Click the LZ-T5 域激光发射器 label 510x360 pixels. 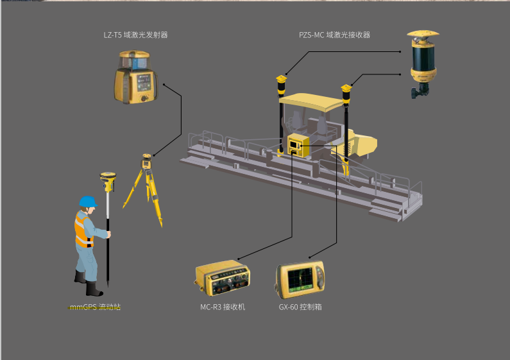click(135, 35)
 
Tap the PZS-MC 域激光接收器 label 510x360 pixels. click(334, 35)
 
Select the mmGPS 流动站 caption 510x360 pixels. click(95, 307)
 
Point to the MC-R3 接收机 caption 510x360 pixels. click(223, 307)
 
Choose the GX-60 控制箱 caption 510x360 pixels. click(300, 307)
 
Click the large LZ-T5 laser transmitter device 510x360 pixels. click(136, 77)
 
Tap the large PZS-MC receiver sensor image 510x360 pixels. click(423, 64)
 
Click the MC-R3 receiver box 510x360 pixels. click(223, 278)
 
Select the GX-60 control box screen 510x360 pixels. click(300, 280)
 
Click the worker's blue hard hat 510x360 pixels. click(88, 201)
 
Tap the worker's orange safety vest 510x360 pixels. click(83, 229)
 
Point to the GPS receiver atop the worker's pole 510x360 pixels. click(108, 182)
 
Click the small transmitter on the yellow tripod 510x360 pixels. click(147, 161)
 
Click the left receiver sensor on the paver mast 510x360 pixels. click(282, 85)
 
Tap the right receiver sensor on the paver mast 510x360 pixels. click(346, 94)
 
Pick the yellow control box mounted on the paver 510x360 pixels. click(298, 146)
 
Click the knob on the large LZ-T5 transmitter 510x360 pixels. click(144, 98)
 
